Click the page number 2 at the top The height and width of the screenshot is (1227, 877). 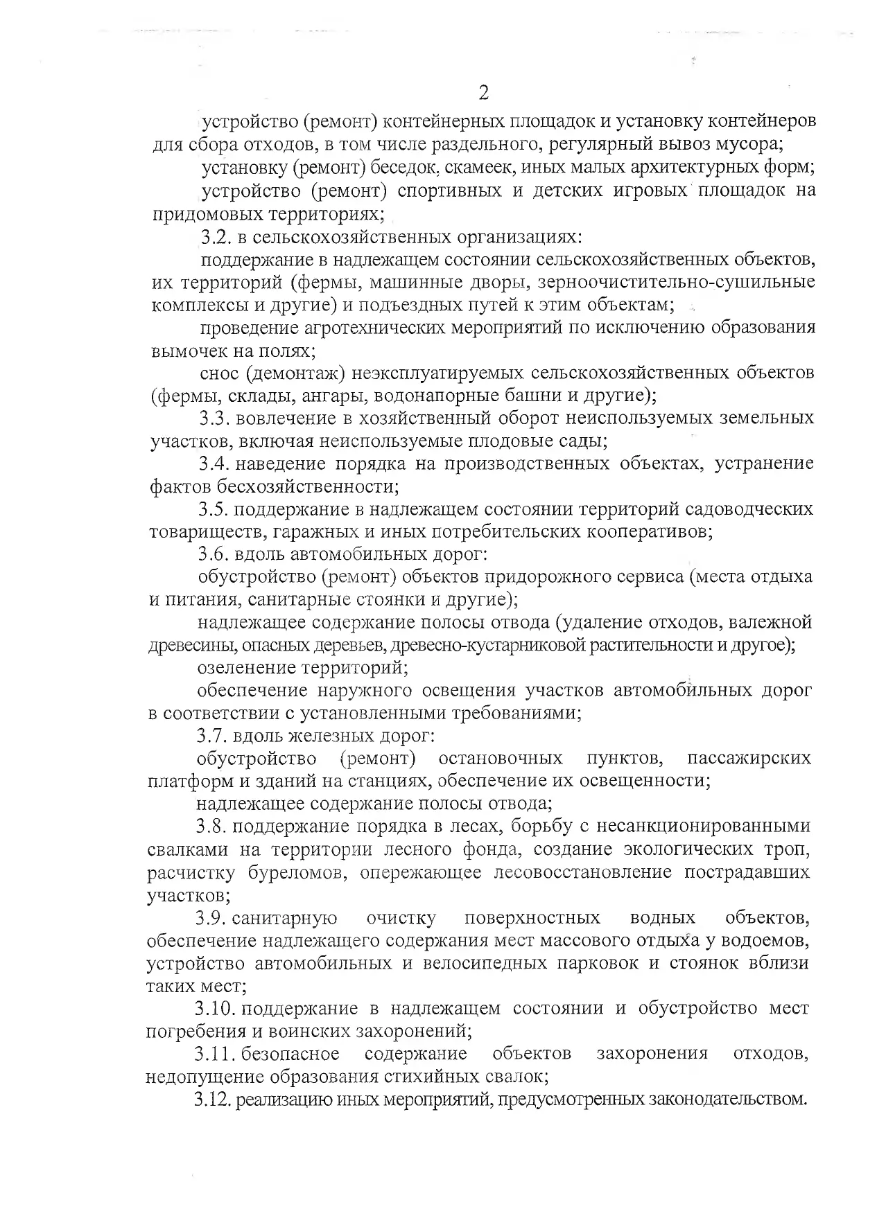484,93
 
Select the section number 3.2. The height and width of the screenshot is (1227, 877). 216,237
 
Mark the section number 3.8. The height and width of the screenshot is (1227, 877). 211,827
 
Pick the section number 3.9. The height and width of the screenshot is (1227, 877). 210,918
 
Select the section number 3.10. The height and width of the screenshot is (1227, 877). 214,1009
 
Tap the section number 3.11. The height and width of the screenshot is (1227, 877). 214,1054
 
